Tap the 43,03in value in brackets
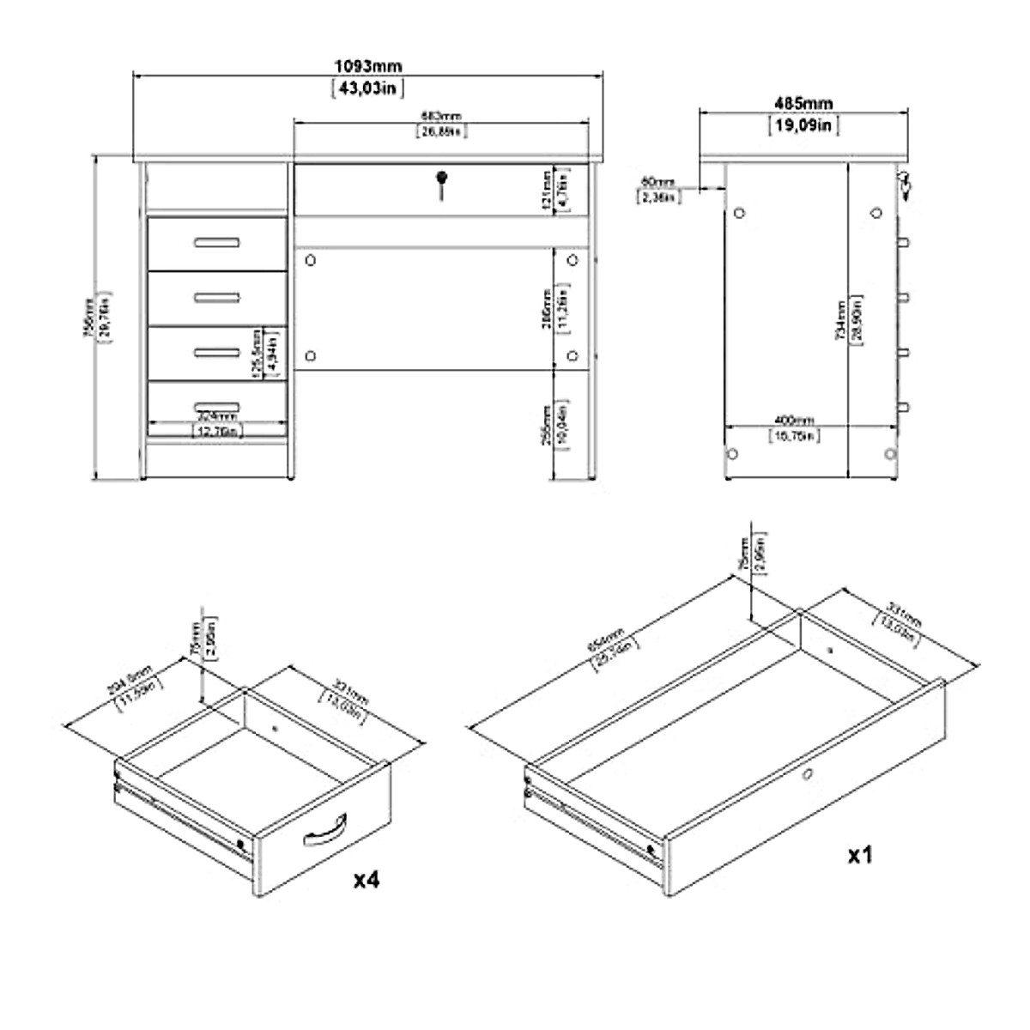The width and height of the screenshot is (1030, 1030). coord(367,88)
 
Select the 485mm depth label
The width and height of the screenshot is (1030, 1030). coord(803,104)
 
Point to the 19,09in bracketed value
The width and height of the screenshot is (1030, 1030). coord(803,125)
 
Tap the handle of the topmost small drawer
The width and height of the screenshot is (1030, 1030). coord(216,242)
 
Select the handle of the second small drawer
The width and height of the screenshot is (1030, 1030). coord(216,297)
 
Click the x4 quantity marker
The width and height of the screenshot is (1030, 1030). coord(367,881)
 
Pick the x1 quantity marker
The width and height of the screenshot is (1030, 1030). coord(860,855)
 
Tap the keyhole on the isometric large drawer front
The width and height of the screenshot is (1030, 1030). coord(808,776)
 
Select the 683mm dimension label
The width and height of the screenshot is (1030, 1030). coord(442,117)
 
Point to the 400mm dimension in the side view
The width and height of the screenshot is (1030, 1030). coord(795,421)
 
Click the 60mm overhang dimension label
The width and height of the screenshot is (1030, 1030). coord(658,181)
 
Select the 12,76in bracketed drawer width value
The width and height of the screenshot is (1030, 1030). coord(216,432)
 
